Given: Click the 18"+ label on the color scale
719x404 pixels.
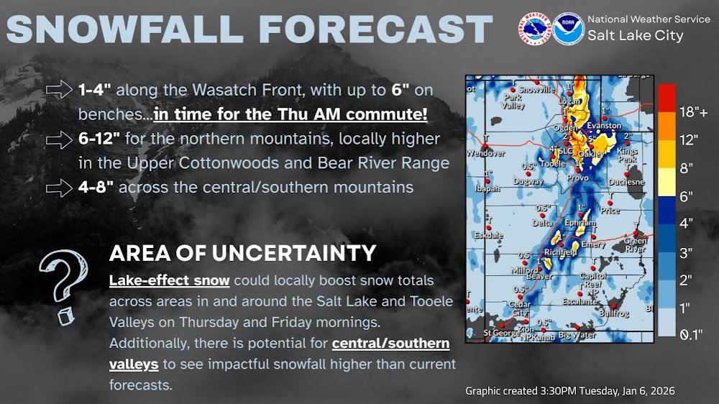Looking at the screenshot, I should click(693, 112).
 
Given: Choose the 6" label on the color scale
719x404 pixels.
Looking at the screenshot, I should click(687, 196).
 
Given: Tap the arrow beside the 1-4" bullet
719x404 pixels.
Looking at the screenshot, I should click(58, 90).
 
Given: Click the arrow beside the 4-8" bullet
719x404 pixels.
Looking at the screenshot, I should click(58, 188).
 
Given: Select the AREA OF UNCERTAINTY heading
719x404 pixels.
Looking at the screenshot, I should click(242, 253).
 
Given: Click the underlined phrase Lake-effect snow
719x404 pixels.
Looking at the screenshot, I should click(169, 280).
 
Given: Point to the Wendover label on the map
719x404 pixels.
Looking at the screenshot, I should click(485, 153).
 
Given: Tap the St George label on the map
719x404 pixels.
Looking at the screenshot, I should click(500, 333).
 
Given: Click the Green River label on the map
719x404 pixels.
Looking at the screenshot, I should click(635, 245).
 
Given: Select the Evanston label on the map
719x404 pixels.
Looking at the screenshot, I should click(604, 125).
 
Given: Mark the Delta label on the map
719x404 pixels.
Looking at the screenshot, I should click(542, 223).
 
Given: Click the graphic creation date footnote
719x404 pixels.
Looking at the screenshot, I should click(569, 390).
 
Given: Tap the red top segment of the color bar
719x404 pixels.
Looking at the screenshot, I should click(667, 93).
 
